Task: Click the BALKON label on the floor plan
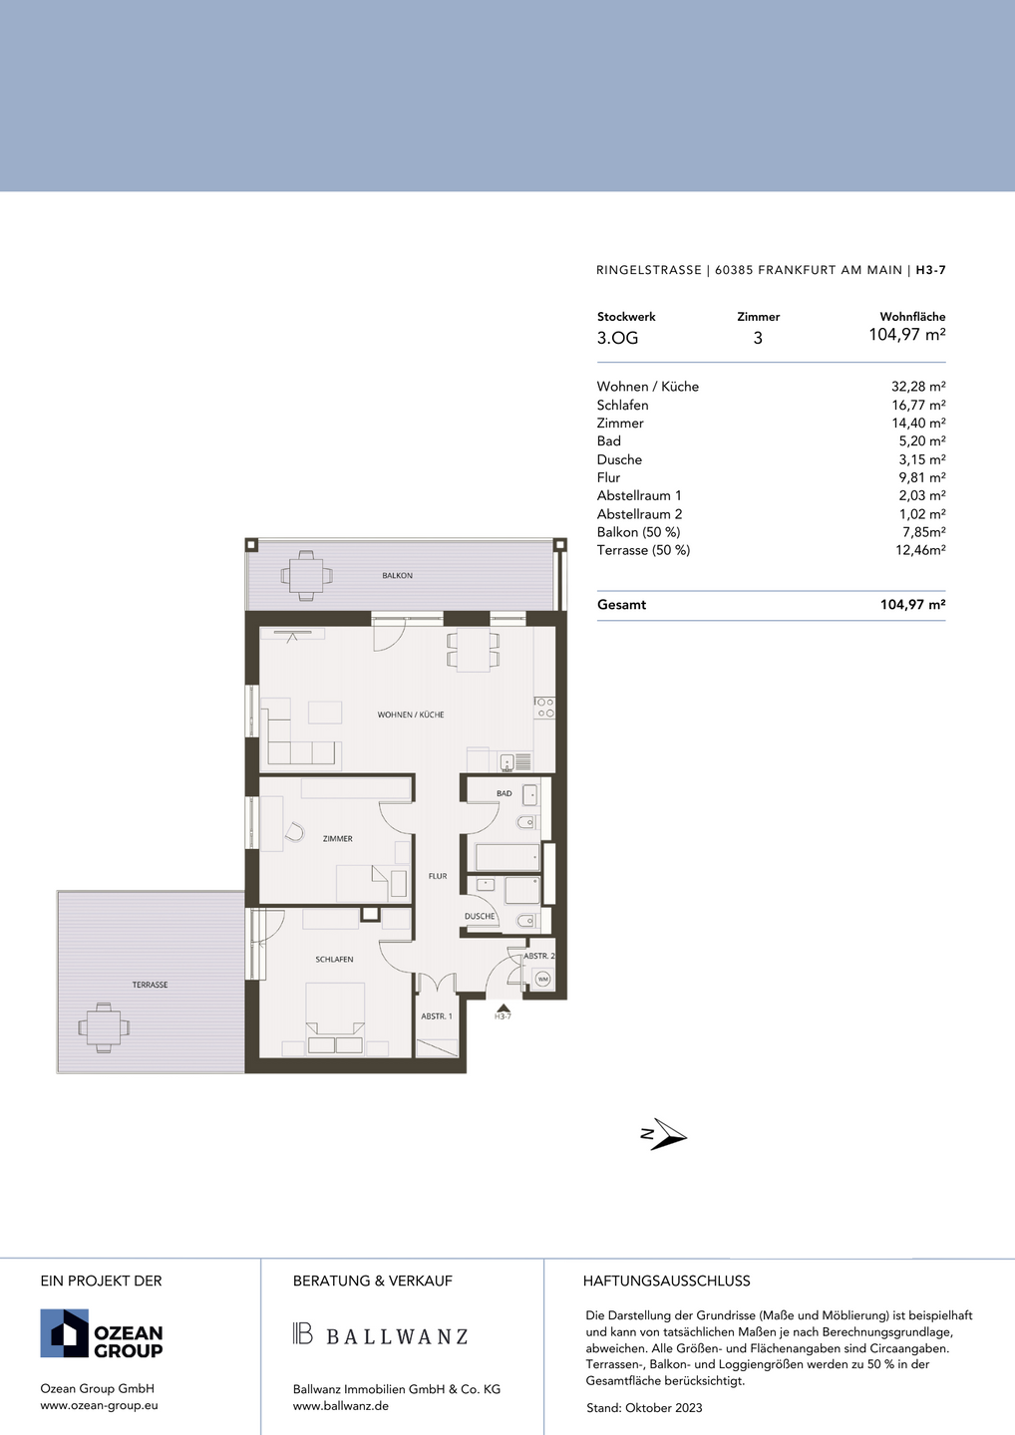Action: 397,575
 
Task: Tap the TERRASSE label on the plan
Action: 150,985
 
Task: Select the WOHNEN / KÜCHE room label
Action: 411,715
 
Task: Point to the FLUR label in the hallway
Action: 438,876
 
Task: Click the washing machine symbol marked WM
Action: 543,979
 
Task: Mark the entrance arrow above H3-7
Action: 504,1007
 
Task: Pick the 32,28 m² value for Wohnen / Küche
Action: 918,387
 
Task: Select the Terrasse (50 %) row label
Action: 643,550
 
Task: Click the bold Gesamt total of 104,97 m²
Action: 912,604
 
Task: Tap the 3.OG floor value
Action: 618,338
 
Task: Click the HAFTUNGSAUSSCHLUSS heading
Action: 666,1281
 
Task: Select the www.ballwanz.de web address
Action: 341,1406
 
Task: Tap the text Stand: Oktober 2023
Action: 644,1408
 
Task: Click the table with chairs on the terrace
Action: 104,1027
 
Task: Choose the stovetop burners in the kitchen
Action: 545,708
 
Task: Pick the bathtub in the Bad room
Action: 507,857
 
